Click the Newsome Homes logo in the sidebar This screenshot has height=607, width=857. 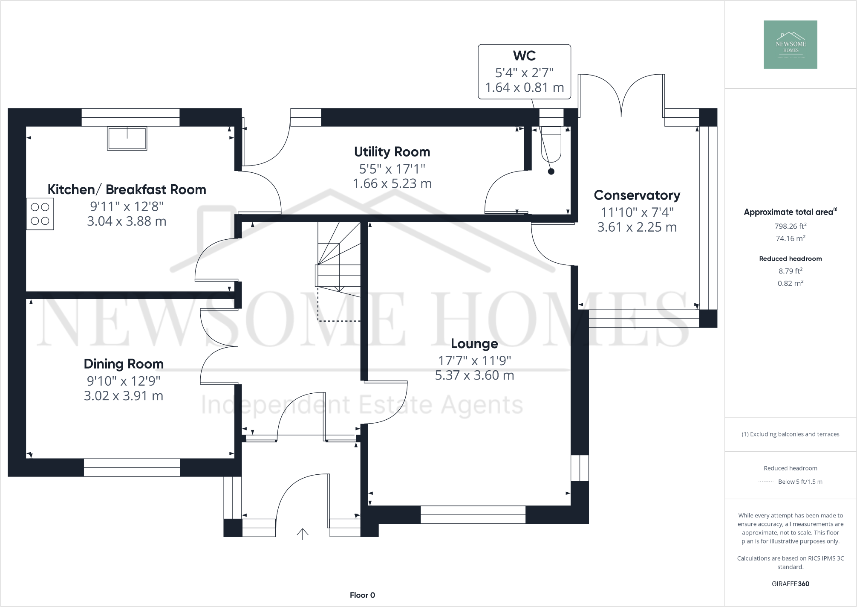[790, 44]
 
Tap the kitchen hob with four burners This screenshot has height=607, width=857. [40, 214]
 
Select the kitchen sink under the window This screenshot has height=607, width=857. [127, 138]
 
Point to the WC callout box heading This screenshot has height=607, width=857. [524, 55]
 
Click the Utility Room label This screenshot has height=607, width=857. [392, 152]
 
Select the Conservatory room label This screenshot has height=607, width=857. [637, 195]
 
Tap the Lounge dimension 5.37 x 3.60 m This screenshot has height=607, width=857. [474, 375]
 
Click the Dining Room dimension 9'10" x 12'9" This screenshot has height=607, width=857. [124, 380]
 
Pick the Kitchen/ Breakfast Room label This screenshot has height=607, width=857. [127, 189]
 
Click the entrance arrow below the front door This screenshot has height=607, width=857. [303, 534]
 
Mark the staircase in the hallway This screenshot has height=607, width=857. [339, 264]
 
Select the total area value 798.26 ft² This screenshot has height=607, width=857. [790, 226]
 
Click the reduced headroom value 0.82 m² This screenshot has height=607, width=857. [790, 283]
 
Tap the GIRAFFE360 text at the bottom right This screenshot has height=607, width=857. [790, 584]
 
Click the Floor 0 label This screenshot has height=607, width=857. [362, 595]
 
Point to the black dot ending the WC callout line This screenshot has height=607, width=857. [551, 171]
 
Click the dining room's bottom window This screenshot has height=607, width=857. [132, 467]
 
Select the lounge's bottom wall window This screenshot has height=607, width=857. [473, 514]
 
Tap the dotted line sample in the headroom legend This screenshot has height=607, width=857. [765, 482]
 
